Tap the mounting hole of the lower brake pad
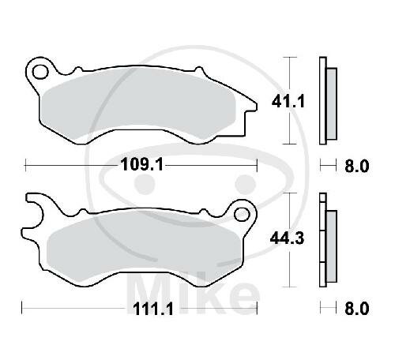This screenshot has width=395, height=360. coord(239,212)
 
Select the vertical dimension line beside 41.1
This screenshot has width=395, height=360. coord(294,101)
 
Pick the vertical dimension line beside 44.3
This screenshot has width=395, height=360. coord(294,240)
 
